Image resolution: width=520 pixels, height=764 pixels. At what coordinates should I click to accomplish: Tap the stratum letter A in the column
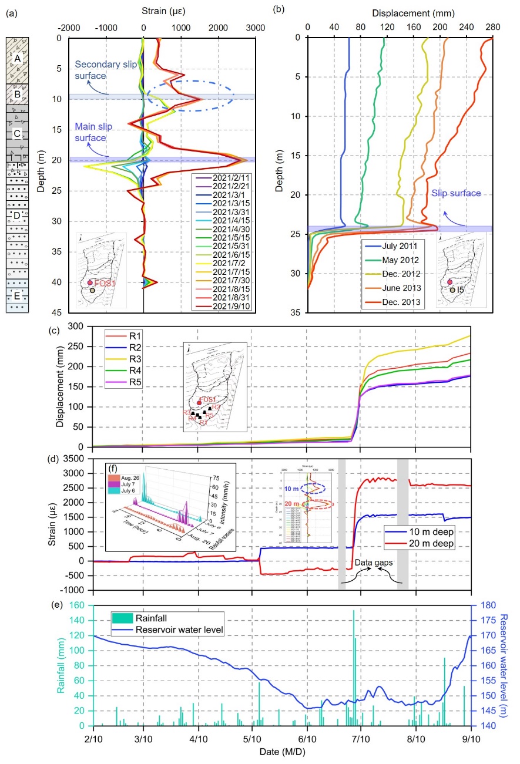point(18,58)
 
